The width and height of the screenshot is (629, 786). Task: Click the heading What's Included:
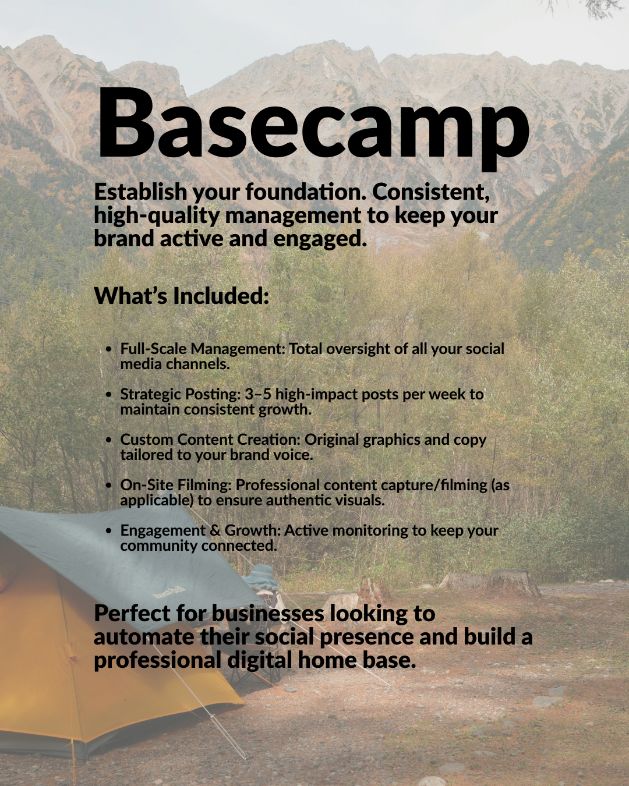[181, 296]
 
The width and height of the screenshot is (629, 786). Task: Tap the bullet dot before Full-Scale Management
[109, 349]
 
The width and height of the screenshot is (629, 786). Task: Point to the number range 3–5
[258, 394]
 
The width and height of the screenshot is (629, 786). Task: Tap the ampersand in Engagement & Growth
[215, 530]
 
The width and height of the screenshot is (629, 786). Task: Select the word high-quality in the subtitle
[156, 215]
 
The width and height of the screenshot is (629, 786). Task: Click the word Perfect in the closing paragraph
[132, 613]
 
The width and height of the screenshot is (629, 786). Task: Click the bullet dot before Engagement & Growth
[109, 531]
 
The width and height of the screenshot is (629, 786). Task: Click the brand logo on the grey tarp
[169, 592]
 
